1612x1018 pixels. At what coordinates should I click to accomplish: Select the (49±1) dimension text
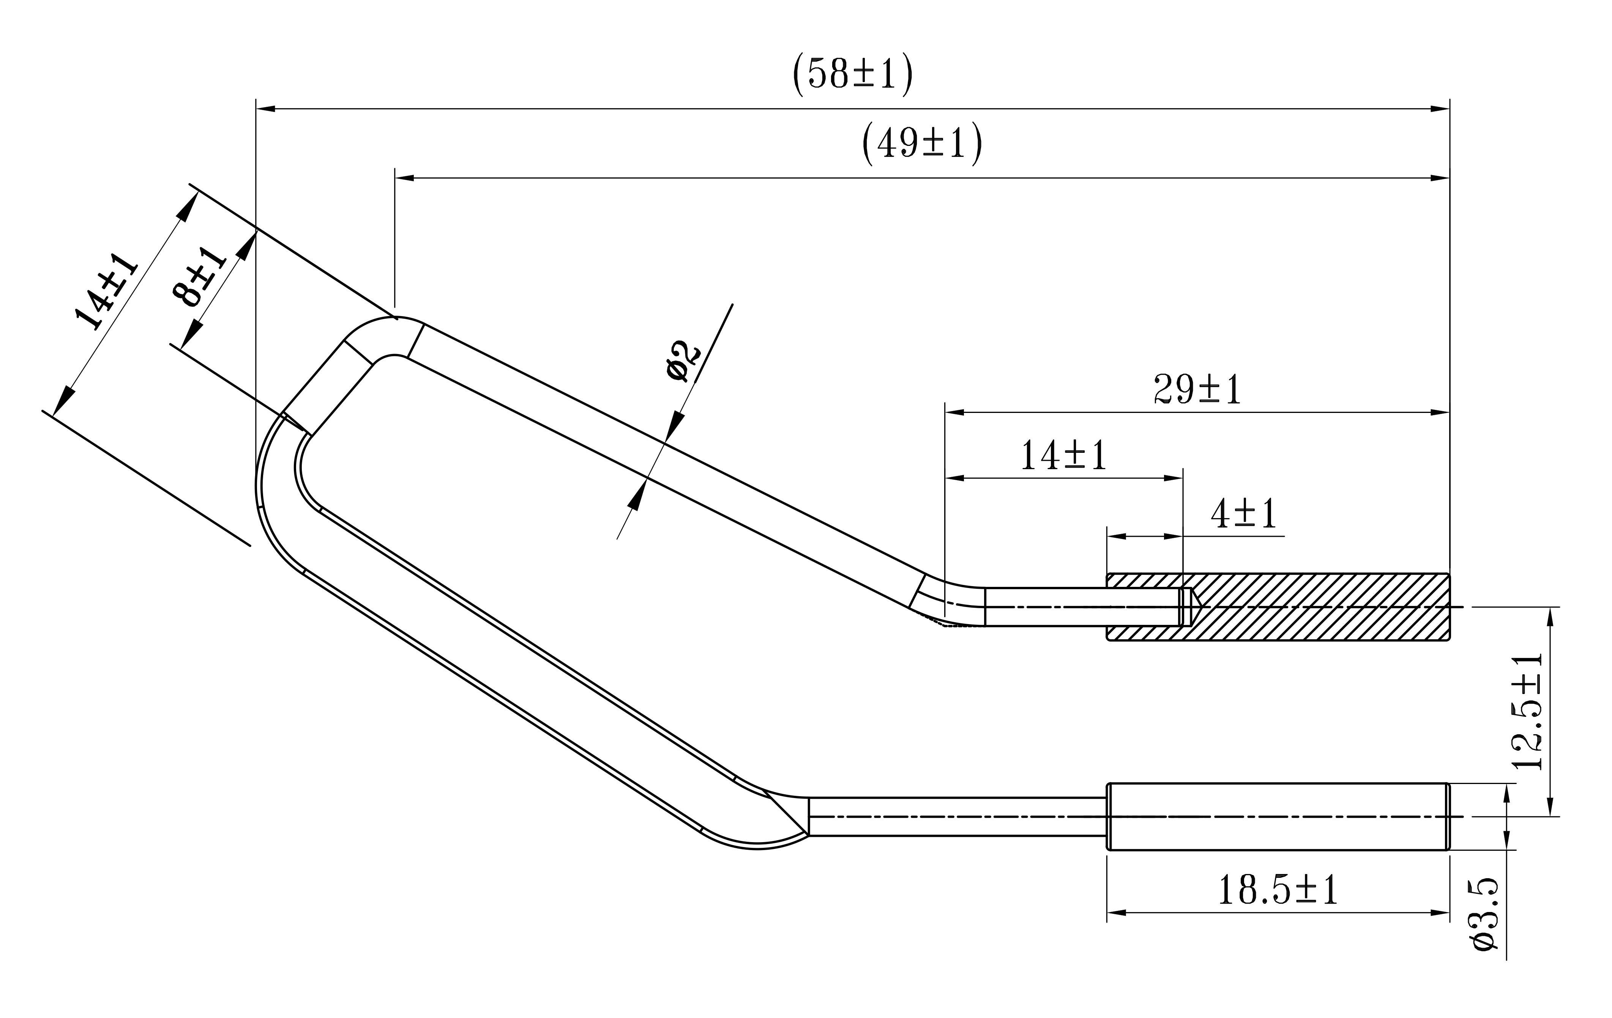[922, 143]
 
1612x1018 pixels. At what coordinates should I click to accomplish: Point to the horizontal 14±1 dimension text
[1063, 456]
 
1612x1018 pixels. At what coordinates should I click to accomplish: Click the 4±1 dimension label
[1244, 514]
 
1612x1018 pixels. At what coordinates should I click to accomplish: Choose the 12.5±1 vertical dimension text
[1528, 711]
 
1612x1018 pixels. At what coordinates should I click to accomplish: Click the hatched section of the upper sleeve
[1312, 607]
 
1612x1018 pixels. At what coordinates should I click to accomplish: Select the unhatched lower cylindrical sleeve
[1277, 816]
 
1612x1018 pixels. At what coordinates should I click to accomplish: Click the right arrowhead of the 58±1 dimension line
[1439, 109]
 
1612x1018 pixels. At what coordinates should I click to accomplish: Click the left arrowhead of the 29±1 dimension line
[954, 413]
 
